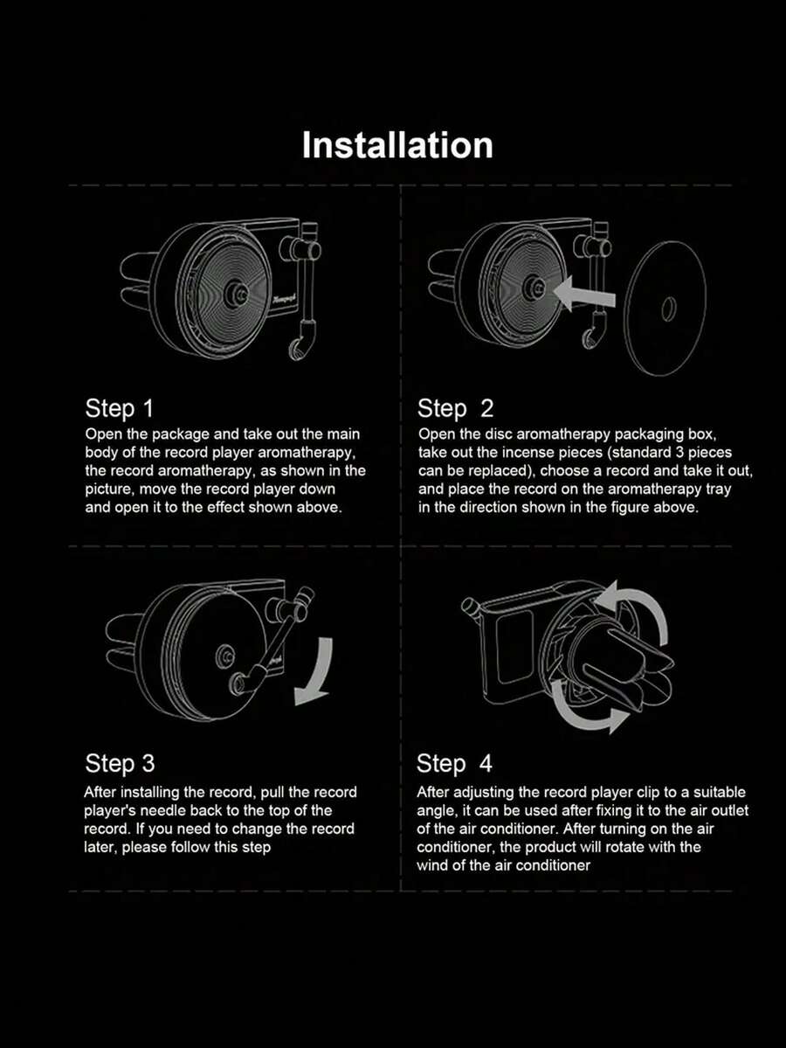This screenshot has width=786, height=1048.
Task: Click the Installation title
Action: (397, 145)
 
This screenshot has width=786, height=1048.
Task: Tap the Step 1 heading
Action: (119, 408)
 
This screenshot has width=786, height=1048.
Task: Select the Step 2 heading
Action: (455, 408)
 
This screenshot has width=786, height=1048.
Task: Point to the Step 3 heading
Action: (120, 763)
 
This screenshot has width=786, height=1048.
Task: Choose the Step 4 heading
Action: (454, 763)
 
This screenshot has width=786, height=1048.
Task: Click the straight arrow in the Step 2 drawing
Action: (584, 294)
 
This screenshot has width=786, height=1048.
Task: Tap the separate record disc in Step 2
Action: (665, 309)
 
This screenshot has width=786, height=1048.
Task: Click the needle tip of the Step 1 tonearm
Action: (297, 350)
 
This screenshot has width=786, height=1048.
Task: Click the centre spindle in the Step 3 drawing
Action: (224, 657)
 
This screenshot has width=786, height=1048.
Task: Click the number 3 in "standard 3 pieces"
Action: (675, 452)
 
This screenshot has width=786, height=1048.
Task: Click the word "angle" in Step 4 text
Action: (436, 811)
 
